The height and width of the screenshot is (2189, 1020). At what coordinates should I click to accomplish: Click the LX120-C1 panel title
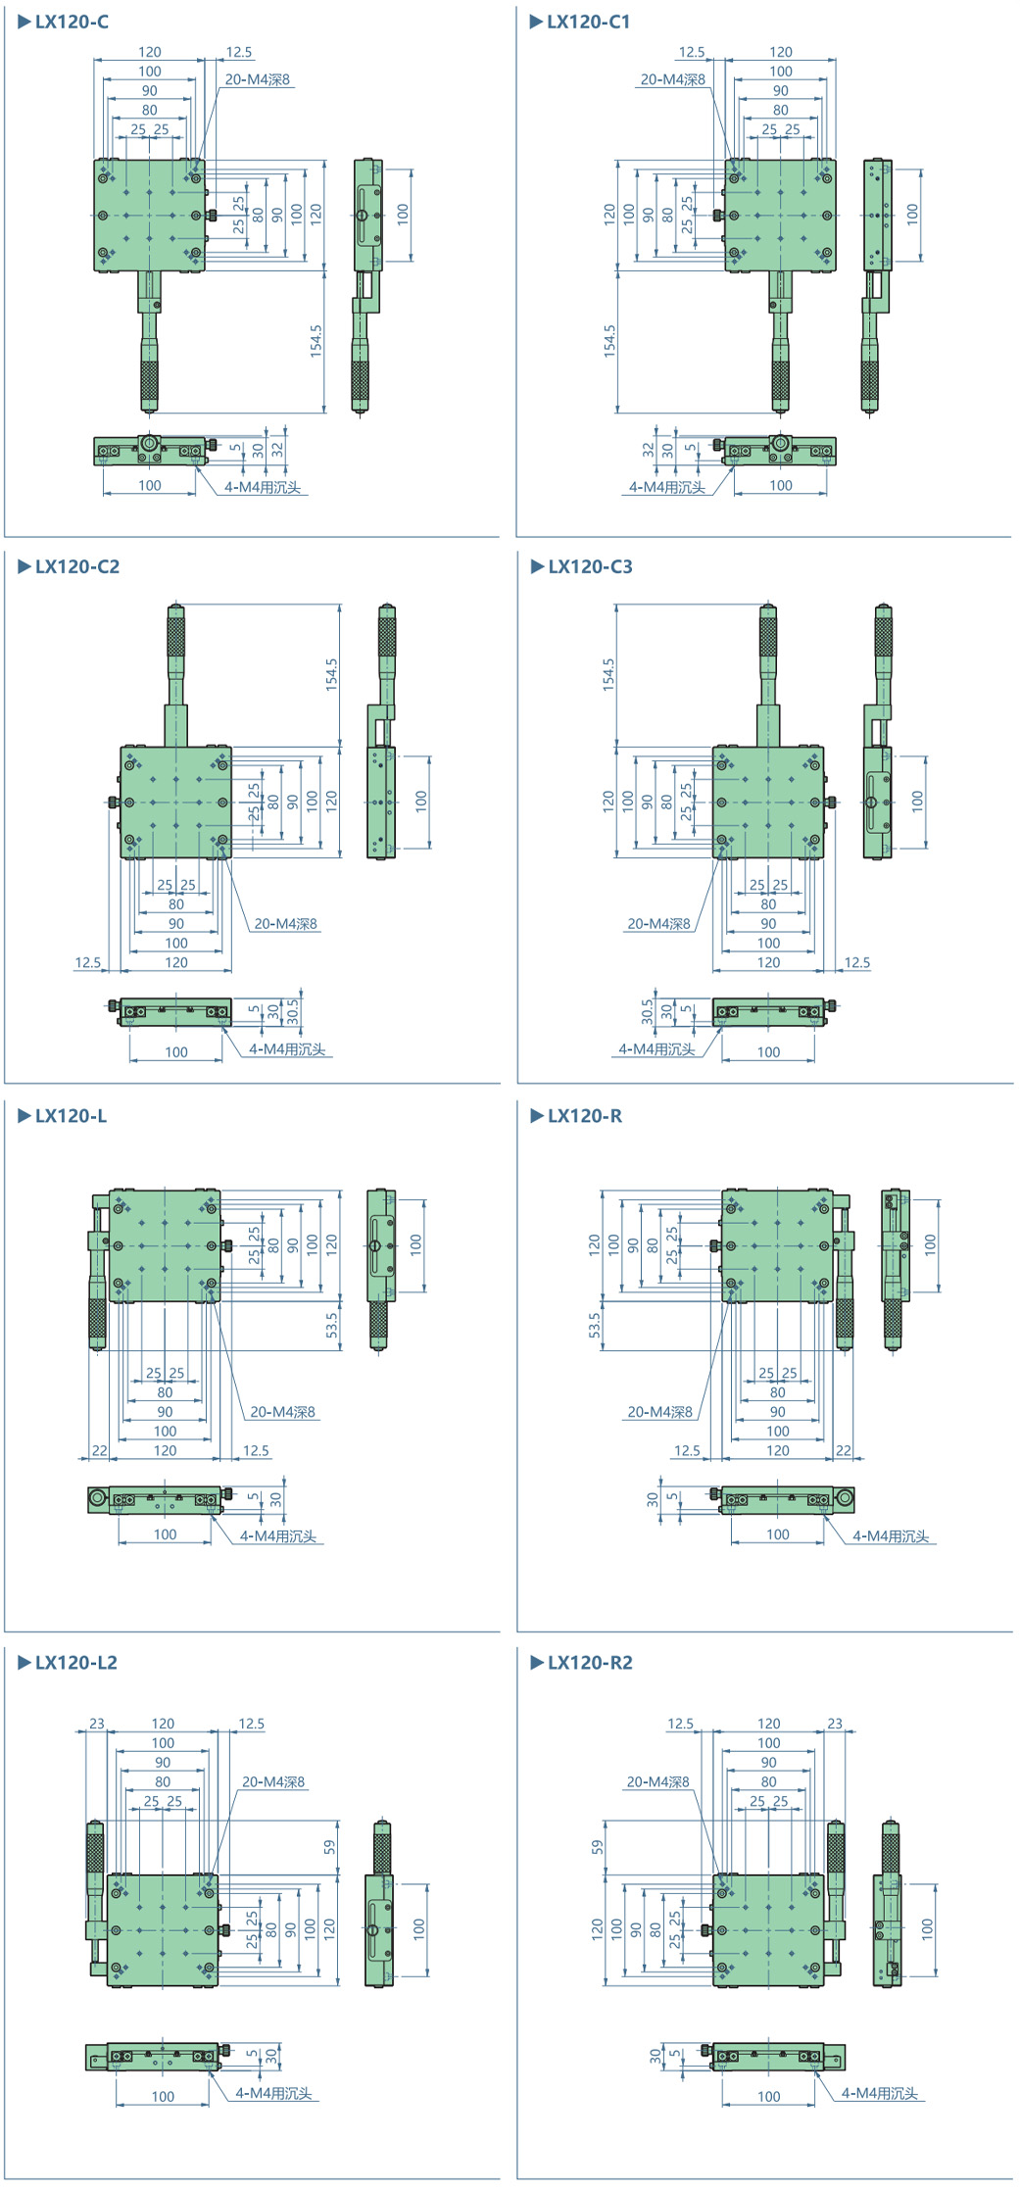pyautogui.click(x=588, y=22)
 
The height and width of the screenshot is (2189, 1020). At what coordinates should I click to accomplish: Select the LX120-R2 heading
pyautogui.click(x=590, y=1662)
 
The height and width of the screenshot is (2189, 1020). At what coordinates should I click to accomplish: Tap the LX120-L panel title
pyautogui.click(x=71, y=1115)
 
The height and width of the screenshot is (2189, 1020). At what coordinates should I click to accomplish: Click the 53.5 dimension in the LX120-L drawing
pyautogui.click(x=332, y=1326)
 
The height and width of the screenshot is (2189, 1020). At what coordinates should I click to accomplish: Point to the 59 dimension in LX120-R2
pyautogui.click(x=598, y=1846)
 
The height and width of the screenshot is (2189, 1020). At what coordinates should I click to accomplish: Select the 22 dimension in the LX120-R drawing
pyautogui.click(x=844, y=1450)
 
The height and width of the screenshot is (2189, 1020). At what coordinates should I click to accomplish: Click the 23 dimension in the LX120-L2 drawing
pyautogui.click(x=97, y=1723)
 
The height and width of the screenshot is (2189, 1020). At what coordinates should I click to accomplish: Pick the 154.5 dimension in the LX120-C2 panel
pyautogui.click(x=332, y=675)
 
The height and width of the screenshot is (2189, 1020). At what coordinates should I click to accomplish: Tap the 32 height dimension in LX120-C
pyautogui.click(x=277, y=450)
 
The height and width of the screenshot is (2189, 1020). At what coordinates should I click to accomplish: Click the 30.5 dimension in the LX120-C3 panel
pyautogui.click(x=647, y=1011)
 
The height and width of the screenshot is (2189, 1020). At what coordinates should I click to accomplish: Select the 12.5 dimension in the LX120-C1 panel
pyautogui.click(x=692, y=52)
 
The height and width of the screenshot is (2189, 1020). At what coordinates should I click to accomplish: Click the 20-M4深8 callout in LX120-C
pyautogui.click(x=258, y=79)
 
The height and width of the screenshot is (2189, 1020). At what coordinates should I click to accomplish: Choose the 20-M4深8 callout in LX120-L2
pyautogui.click(x=273, y=1781)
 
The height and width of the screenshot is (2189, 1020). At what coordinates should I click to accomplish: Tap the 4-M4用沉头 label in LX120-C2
pyautogui.click(x=287, y=1048)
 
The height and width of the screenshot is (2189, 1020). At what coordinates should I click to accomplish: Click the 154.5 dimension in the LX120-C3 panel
pyautogui.click(x=608, y=675)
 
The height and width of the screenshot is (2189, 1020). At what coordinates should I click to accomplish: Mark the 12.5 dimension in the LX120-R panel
pyautogui.click(x=687, y=1450)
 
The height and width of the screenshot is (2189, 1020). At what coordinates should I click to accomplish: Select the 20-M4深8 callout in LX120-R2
pyautogui.click(x=657, y=1781)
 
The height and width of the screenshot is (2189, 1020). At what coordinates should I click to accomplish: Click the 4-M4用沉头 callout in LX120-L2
pyautogui.click(x=273, y=2093)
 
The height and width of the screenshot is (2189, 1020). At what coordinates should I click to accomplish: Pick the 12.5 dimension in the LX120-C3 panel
pyautogui.click(x=857, y=962)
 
